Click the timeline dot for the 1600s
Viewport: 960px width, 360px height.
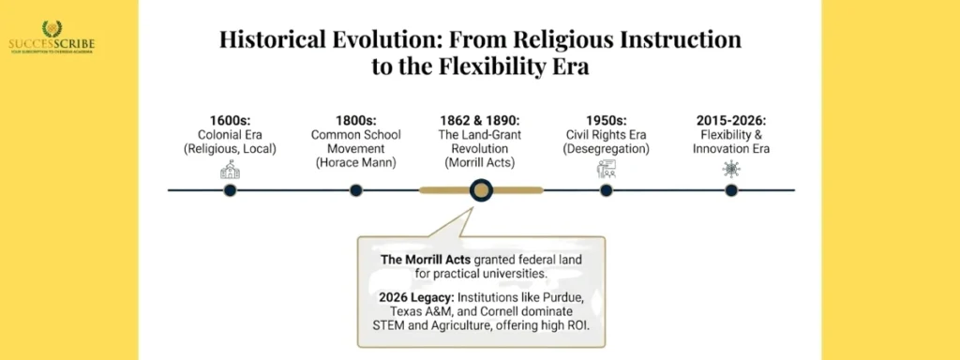tap(230, 190)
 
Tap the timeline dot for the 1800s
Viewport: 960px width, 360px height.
tap(355, 190)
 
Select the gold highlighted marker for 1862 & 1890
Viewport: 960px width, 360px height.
tap(481, 190)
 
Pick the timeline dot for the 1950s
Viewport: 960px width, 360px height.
tap(606, 190)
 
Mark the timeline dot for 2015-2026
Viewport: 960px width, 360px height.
tap(731, 190)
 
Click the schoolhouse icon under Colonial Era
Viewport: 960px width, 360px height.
tap(230, 169)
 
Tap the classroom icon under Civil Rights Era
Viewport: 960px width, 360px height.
tap(606, 169)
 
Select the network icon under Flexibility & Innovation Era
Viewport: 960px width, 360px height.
tap(731, 169)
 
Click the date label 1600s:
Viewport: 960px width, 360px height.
tap(230, 120)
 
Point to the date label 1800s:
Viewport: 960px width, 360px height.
tap(355, 120)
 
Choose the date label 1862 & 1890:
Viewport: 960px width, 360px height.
tap(481, 120)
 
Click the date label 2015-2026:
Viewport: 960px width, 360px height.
tap(731, 120)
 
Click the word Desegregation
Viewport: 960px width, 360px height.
tap(606, 149)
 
